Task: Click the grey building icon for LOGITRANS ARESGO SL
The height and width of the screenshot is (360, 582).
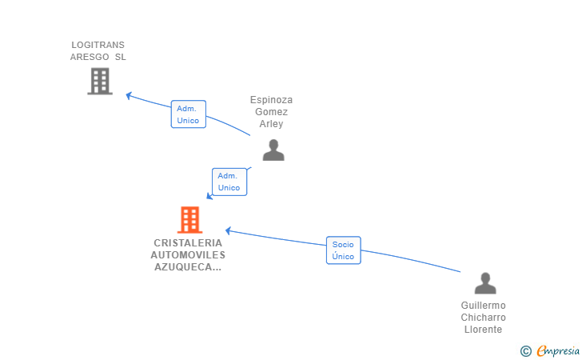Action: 99,82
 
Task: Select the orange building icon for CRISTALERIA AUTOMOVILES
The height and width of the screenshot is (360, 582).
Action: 189,219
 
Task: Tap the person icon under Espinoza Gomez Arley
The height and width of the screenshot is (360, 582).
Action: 273,150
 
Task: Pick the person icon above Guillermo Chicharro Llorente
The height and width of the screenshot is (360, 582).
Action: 485,283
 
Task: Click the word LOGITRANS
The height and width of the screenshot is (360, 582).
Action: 98,45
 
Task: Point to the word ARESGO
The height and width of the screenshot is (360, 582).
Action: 90,57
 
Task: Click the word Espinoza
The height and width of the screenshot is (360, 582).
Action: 271,100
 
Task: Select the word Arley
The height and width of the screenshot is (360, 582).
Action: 271,124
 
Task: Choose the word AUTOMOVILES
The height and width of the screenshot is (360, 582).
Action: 188,255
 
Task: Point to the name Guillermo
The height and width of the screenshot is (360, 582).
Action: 483,306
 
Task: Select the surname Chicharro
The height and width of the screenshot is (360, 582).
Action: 483,318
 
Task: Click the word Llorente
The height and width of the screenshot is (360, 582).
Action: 483,330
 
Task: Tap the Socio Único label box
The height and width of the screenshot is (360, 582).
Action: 343,250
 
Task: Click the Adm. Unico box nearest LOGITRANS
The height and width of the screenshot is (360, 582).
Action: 188,114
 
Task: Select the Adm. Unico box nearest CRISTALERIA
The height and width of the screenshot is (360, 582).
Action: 229,182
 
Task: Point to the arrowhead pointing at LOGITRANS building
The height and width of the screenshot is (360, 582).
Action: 129,95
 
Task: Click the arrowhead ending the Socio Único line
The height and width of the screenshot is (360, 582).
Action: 228,230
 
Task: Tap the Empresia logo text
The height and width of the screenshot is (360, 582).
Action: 558,350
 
